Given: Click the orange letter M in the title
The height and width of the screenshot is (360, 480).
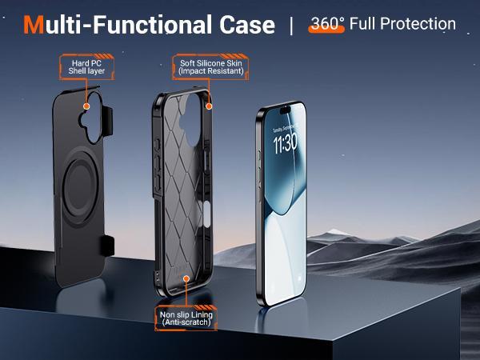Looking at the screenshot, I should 34,24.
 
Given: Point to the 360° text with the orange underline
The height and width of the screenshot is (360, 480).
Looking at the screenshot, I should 326,23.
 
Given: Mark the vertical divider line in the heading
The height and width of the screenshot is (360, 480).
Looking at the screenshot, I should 291,24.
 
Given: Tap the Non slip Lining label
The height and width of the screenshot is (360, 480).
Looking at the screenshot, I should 186,319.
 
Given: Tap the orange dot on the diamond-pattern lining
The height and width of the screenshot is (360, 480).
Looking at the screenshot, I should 186,279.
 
